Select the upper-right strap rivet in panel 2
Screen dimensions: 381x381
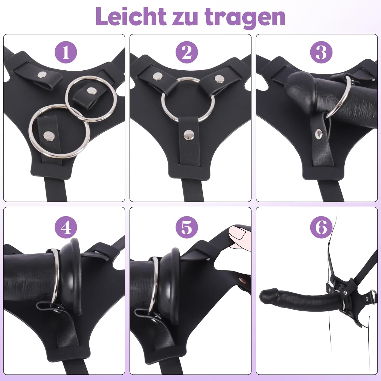[x=219, y=79]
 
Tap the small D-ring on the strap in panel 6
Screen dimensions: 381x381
[x=373, y=293]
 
